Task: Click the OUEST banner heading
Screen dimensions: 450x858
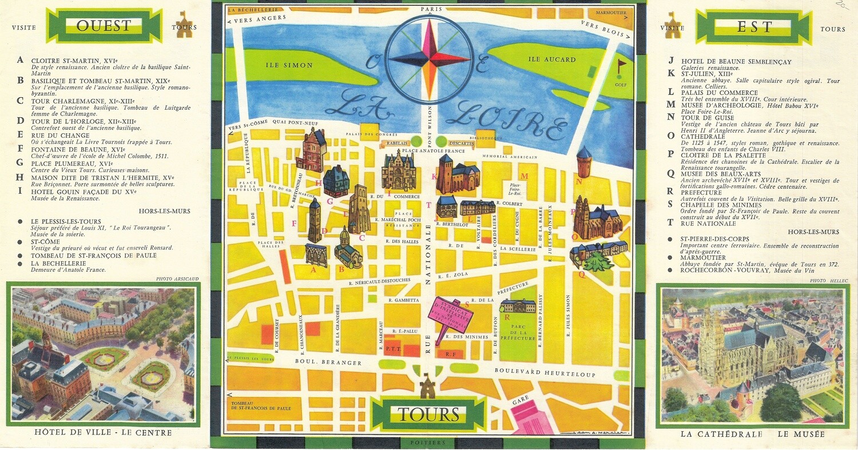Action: click(104, 26)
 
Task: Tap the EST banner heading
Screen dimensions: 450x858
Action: click(754, 26)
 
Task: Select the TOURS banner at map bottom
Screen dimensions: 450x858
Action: click(429, 415)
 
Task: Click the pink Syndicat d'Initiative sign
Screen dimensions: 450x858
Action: click(451, 314)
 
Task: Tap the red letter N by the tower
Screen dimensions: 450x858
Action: click(579, 182)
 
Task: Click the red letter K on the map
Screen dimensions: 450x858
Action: click(434, 176)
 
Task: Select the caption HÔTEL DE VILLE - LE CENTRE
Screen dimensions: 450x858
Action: click(104, 433)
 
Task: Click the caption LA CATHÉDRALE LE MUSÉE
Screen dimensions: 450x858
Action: click(753, 434)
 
